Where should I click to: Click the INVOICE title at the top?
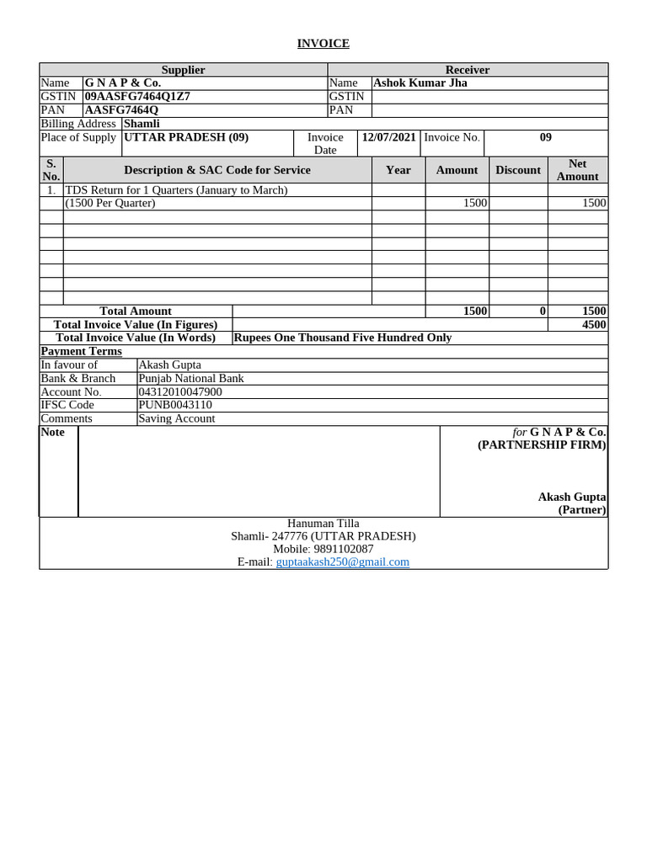(323, 43)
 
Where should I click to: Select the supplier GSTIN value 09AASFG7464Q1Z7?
(137, 96)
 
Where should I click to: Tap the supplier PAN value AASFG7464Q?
(121, 109)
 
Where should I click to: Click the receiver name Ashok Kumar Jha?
(420, 82)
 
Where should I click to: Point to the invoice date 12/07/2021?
(388, 136)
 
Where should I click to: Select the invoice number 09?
(545, 136)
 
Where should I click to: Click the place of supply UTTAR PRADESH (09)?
(186, 136)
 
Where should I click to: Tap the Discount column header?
(517, 170)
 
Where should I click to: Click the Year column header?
(398, 170)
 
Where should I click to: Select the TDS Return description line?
(176, 190)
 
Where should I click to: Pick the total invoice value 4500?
(593, 324)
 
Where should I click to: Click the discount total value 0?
(543, 311)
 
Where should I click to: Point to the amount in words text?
(342, 338)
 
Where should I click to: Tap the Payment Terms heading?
(81, 351)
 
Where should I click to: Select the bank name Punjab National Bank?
(190, 378)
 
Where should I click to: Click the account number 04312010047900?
(179, 391)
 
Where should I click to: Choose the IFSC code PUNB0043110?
(174, 405)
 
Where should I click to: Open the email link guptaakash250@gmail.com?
(342, 561)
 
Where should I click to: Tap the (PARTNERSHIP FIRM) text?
(541, 444)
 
